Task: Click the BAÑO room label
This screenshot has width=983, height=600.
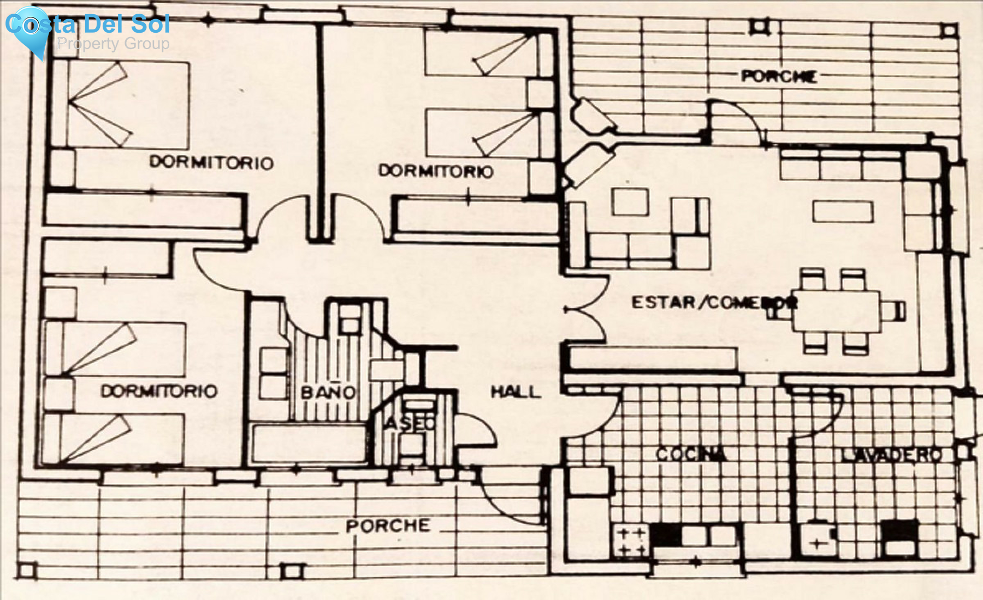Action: (328, 392)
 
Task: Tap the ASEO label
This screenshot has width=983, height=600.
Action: (410, 423)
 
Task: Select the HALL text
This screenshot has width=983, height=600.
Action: (516, 391)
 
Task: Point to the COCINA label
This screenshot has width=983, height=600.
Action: (691, 454)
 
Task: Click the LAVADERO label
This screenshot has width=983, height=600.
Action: (891, 454)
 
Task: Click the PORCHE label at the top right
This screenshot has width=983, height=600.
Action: (779, 76)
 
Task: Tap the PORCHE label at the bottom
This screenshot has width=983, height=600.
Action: (388, 526)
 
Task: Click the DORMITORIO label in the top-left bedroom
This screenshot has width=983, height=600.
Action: (211, 162)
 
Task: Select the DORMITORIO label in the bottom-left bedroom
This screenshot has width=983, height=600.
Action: (159, 391)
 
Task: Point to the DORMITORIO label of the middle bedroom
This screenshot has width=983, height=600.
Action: (436, 171)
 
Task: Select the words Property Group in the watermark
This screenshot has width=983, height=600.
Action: (113, 44)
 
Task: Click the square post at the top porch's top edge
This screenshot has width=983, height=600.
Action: (759, 26)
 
